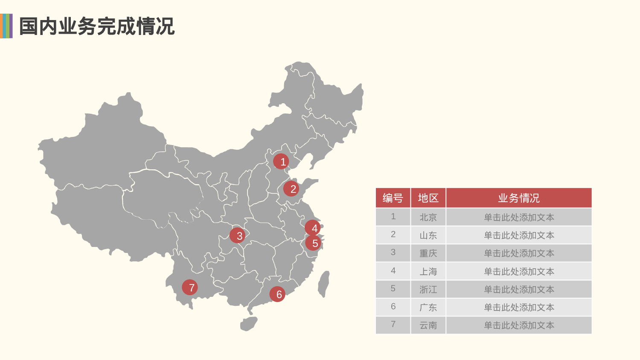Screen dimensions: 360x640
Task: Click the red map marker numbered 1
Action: point(281,162)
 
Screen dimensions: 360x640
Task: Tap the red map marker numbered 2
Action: point(291,189)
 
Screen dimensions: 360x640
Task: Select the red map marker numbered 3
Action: point(237,235)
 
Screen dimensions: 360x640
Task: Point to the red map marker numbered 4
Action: point(313,228)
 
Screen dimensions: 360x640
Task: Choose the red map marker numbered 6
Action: point(277,294)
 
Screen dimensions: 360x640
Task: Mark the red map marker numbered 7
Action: point(190,287)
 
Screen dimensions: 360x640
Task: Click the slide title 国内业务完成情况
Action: point(97,26)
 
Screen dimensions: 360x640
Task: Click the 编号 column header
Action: point(393,198)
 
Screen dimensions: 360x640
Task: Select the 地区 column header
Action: point(428,198)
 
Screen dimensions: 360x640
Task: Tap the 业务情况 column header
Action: point(519,198)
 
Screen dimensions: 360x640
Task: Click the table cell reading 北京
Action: point(428,217)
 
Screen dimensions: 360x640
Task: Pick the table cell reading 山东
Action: point(428,235)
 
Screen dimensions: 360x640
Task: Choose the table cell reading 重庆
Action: point(428,253)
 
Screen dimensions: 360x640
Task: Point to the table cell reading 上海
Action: point(428,271)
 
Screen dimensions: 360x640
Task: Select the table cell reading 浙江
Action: point(428,289)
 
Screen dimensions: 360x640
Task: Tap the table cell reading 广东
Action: point(428,307)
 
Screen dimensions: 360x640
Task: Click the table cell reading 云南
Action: point(428,325)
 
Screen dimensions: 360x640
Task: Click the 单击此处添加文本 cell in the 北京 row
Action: point(519,217)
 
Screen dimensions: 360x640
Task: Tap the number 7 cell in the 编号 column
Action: point(393,325)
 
